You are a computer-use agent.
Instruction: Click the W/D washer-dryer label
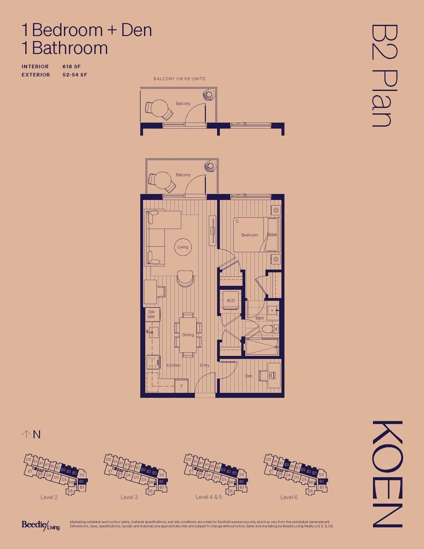tap(231, 300)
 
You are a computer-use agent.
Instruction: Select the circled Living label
tap(183, 247)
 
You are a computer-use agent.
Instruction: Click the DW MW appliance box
tap(151, 314)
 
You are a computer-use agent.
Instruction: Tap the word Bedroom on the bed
tap(249, 235)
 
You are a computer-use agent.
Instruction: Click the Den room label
tap(249, 376)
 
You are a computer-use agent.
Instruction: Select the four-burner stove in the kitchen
tap(153, 362)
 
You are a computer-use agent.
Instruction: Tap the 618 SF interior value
tap(72, 67)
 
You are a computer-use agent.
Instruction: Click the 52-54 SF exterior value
tap(75, 75)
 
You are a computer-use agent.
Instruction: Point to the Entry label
tap(204, 365)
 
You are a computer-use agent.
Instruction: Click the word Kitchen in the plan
tap(173, 365)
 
